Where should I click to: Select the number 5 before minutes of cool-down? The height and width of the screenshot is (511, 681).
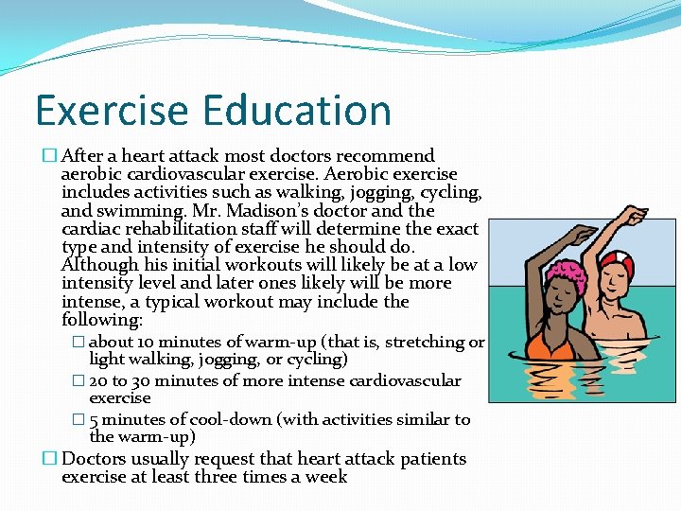coord(94,419)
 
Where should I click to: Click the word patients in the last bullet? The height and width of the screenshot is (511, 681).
coord(428,459)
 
